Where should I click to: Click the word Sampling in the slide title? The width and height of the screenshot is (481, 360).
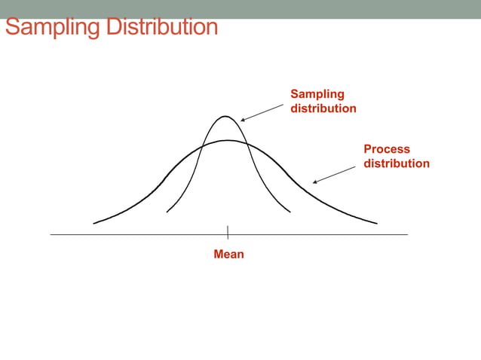tap(53, 28)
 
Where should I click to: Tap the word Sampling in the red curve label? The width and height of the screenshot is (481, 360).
tap(317, 94)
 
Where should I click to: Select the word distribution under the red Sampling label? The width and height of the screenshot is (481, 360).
tap(323, 108)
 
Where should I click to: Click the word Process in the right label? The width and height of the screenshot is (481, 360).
tap(387, 149)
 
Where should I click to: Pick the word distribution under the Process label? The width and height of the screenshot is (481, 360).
tap(397, 163)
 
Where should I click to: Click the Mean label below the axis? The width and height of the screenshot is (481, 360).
tap(228, 255)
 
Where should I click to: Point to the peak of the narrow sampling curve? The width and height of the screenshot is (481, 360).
tap(225, 116)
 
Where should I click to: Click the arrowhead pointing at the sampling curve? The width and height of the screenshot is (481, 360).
tap(241, 121)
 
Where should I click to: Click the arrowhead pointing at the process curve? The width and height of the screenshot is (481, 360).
tap(314, 182)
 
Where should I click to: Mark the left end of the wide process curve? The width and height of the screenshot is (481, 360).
tap(93, 223)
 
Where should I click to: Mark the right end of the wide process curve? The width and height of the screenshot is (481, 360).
tap(376, 223)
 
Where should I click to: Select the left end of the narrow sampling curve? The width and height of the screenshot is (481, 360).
tap(167, 212)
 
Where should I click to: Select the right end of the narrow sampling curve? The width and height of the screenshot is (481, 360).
tap(290, 212)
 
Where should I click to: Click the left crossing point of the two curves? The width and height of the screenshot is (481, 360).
tap(202, 145)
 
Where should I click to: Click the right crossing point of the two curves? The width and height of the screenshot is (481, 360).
tap(250, 145)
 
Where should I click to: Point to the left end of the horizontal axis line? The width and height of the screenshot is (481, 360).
tap(51, 234)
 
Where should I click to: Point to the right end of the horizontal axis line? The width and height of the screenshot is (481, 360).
tap(407, 234)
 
